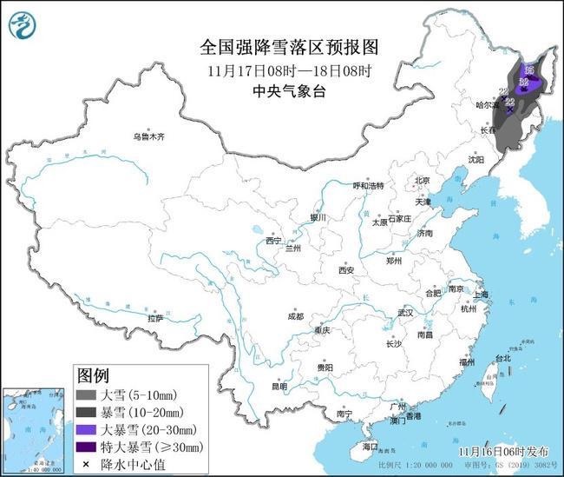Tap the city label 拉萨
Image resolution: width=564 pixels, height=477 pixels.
(155, 318)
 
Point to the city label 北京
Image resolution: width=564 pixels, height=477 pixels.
(423, 181)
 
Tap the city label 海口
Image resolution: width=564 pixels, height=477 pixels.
(371, 447)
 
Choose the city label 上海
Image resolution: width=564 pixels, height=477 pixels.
(480, 295)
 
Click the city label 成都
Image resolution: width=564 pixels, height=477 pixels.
(295, 316)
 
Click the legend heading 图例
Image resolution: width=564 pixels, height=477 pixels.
(93, 376)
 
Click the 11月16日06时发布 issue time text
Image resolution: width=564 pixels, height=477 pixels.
(505, 452)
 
